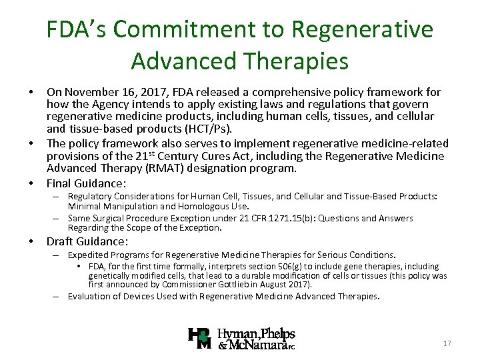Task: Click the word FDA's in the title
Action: coord(79,29)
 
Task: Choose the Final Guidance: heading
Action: coord(86,183)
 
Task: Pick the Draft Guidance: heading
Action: coord(87,242)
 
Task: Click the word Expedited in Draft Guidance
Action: coord(88,255)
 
